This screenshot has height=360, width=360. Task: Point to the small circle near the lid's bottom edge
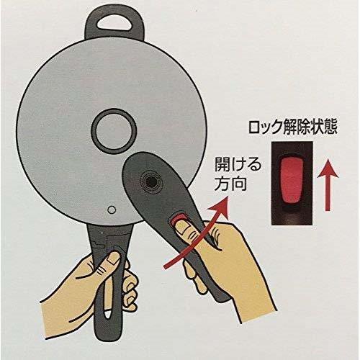coord(112,210)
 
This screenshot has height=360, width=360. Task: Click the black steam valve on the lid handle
coord(151,182)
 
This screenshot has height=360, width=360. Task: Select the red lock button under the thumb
coord(178,217)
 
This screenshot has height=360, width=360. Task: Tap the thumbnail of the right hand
coord(182,227)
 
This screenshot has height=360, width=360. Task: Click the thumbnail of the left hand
coord(113,258)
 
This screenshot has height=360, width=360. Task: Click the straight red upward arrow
coord(328,185)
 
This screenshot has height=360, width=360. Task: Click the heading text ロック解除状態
coord(292,127)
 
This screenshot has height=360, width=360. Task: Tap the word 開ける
coord(238,165)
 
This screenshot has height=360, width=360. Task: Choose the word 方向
coord(230,184)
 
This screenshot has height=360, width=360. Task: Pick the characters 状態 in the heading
coord(323,127)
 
